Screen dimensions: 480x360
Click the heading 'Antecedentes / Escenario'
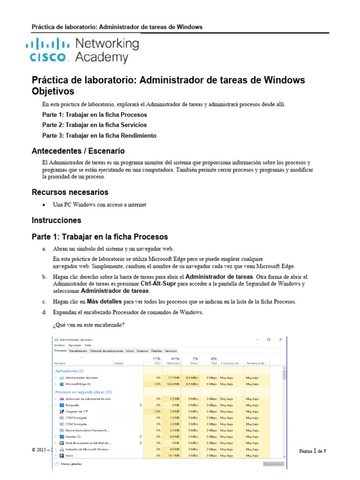(78, 151)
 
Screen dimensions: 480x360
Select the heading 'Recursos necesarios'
(70, 192)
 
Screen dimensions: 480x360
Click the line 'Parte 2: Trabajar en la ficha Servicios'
(94, 125)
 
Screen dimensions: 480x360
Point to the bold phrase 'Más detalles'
(104, 301)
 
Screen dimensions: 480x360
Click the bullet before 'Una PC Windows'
(44, 205)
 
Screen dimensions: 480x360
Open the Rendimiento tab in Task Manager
(78, 351)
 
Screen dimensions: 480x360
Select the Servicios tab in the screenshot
(171, 351)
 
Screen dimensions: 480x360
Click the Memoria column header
(173, 363)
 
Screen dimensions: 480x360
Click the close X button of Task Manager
(280, 339)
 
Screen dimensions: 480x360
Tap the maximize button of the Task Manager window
(269, 339)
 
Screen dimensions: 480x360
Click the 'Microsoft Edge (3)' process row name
(78, 384)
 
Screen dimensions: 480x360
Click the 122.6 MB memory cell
(173, 384)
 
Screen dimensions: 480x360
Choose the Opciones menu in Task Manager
(75, 345)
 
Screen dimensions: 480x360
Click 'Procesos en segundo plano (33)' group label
(83, 391)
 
